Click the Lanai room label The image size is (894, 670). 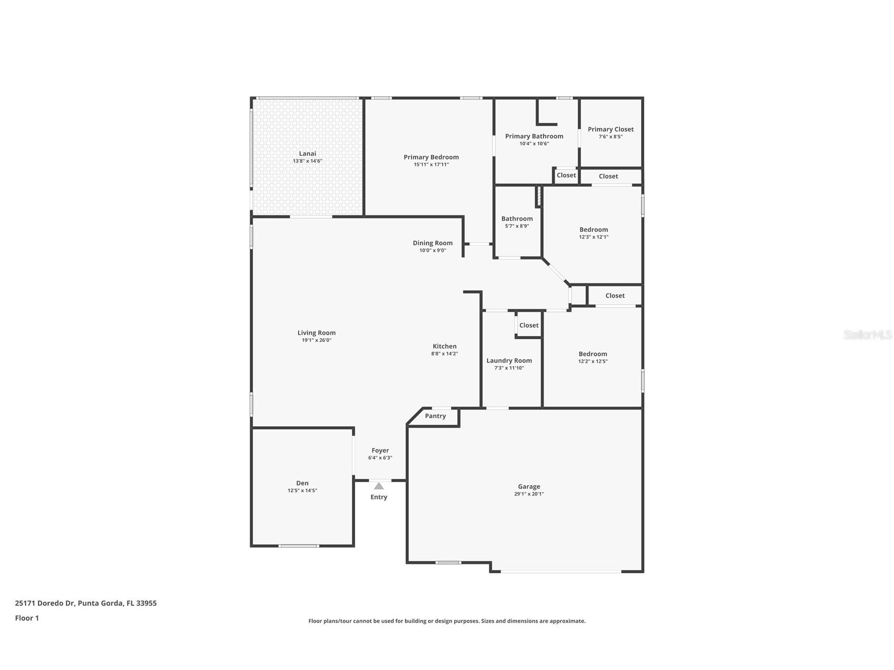[x=308, y=154]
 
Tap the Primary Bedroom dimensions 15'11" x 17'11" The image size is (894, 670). [x=431, y=165]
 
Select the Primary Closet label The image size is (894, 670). [x=611, y=130]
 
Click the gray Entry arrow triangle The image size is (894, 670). [x=379, y=486]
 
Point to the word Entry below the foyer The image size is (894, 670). [x=379, y=497]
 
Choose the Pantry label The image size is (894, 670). [x=435, y=416]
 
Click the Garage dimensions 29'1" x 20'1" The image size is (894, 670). [x=529, y=494]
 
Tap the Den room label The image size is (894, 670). [x=302, y=483]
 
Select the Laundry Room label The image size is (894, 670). [x=509, y=361]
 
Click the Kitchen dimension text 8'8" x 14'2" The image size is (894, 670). [x=444, y=354]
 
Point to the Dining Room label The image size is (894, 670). [x=433, y=243]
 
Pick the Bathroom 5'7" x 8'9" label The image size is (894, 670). [x=517, y=219]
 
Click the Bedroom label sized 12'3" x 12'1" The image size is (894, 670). [x=594, y=230]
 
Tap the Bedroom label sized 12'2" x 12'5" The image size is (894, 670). [x=593, y=354]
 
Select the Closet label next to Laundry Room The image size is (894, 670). [x=529, y=326]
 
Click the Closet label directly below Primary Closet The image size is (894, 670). [x=608, y=176]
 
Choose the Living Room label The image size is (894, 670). [x=316, y=333]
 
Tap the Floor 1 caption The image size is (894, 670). [x=27, y=618]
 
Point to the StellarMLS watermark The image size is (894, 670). [x=867, y=335]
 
